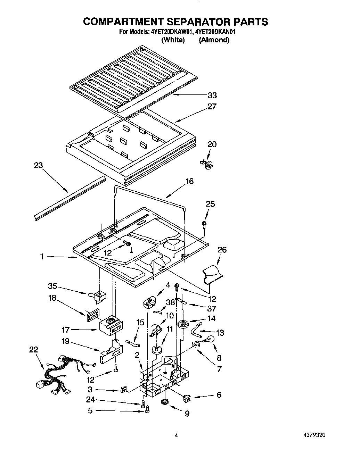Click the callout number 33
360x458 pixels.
pos(212,95)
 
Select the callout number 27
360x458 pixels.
pos(212,107)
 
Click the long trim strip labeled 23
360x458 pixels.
pos(69,198)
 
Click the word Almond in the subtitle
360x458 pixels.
pos(214,40)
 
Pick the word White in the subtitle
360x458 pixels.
pos(173,40)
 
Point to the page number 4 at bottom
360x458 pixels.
pos(177,434)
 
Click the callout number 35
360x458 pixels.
pos(52,286)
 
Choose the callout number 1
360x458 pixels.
pos(42,257)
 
